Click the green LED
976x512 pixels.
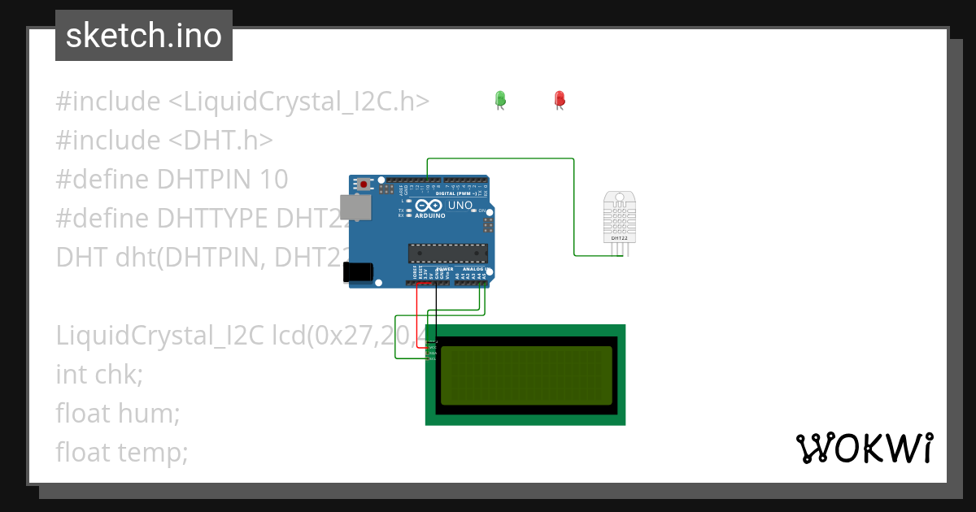point(500,99)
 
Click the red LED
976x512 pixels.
point(559,99)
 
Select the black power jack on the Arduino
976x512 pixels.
point(358,271)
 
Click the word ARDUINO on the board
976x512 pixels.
point(430,215)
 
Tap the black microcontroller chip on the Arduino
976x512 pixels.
point(447,254)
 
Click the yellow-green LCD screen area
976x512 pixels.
point(525,375)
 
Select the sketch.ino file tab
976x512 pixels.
point(144,36)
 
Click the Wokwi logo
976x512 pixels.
point(864,448)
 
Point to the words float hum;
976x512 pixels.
point(117,413)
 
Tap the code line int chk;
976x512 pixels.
point(99,374)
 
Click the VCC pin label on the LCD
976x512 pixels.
point(432,347)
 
